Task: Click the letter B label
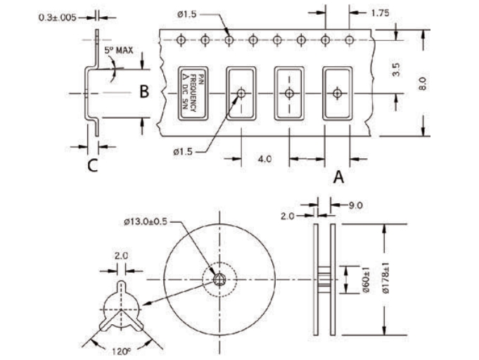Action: pyautogui.click(x=143, y=92)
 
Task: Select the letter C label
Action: pyautogui.click(x=92, y=167)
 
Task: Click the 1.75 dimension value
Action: pyautogui.click(x=381, y=13)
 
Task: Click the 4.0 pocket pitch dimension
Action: pyautogui.click(x=265, y=160)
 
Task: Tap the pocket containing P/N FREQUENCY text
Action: pyautogui.click(x=193, y=94)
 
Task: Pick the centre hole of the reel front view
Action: pyautogui.click(x=219, y=280)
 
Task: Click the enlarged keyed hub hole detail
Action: pyautogui.click(x=122, y=309)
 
